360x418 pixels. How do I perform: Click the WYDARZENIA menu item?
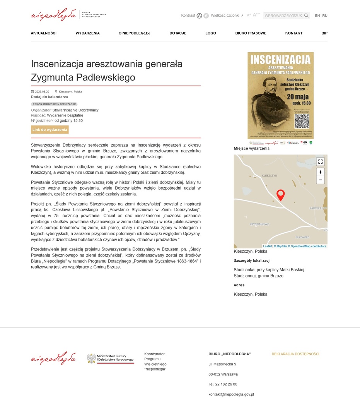[87, 33]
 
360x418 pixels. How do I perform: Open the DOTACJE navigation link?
[177, 33]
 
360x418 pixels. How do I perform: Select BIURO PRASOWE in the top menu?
[251, 33]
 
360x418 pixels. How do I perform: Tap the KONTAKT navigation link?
[293, 33]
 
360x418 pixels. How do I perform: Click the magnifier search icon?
[306, 16]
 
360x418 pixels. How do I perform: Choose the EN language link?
[317, 16]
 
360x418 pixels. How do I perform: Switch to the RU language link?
[325, 16]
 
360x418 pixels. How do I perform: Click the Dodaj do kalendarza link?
[49, 97]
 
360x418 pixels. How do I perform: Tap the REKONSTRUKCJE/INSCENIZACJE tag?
[54, 104]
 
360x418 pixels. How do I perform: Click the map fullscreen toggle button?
[320, 162]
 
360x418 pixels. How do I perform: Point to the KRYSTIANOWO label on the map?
[259, 224]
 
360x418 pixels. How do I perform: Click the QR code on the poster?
[302, 122]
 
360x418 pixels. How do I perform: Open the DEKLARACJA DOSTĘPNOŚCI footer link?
[295, 354]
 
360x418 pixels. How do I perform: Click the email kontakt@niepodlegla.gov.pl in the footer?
[231, 394]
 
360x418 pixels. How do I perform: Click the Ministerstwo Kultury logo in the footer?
[110, 359]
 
